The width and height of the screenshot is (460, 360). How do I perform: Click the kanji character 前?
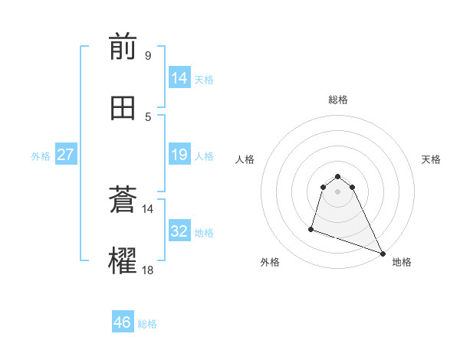click(x=123, y=48)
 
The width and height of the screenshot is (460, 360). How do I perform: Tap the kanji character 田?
click(x=123, y=109)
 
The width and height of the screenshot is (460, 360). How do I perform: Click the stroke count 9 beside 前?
click(x=147, y=56)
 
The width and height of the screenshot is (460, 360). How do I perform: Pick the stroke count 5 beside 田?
click(x=148, y=116)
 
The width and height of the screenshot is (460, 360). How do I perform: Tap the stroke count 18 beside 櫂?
click(x=148, y=270)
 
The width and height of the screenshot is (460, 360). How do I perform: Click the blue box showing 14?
click(x=179, y=78)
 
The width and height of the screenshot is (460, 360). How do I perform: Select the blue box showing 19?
click(x=179, y=155)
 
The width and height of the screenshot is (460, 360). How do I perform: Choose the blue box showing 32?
click(x=179, y=231)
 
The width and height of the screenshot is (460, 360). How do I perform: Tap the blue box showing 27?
click(x=65, y=155)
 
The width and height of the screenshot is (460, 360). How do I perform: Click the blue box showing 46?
click(x=122, y=322)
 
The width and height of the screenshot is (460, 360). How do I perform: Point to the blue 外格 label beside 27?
click(x=40, y=155)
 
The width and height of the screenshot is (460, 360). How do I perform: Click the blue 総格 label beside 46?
click(x=147, y=323)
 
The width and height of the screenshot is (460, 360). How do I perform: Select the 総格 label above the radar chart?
click(x=337, y=100)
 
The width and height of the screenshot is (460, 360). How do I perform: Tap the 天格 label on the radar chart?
click(x=431, y=159)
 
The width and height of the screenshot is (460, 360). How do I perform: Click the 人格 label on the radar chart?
click(x=245, y=159)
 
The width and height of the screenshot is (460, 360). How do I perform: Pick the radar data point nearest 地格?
click(x=383, y=254)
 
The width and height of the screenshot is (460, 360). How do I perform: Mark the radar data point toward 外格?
click(x=311, y=228)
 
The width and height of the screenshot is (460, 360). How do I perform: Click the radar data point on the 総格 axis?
click(x=337, y=173)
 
